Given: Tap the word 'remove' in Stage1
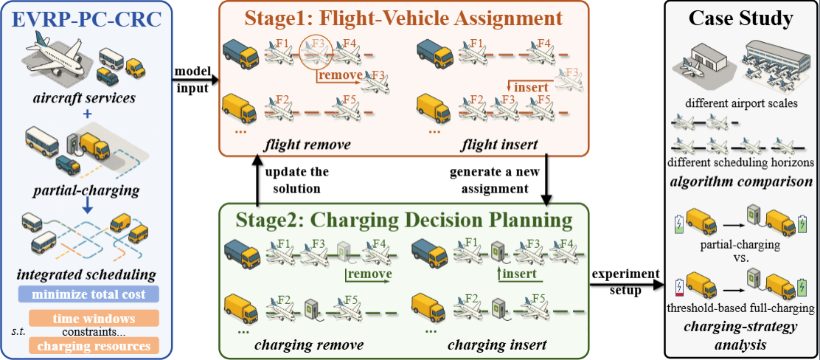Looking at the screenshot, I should [x=340, y=75].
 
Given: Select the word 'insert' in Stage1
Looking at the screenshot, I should [x=531, y=86].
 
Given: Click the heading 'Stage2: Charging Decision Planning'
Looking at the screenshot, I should [x=404, y=220].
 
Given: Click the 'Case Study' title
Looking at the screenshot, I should [x=739, y=19].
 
